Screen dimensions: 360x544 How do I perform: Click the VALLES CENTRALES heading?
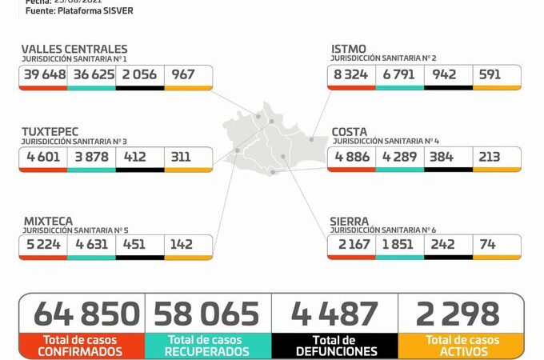click(74, 50)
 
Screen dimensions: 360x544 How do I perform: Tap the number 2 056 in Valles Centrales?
click(139, 74)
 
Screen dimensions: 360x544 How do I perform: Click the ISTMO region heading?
click(349, 50)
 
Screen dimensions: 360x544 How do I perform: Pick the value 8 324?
click(350, 74)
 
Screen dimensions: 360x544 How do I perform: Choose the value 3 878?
click(90, 157)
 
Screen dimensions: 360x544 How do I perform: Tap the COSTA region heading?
click(350, 131)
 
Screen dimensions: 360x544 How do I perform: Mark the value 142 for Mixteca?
click(182, 245)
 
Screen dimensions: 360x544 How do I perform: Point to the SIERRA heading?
click(350, 220)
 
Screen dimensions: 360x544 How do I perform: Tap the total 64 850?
click(81, 314)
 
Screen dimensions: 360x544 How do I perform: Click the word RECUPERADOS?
click(207, 351)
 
